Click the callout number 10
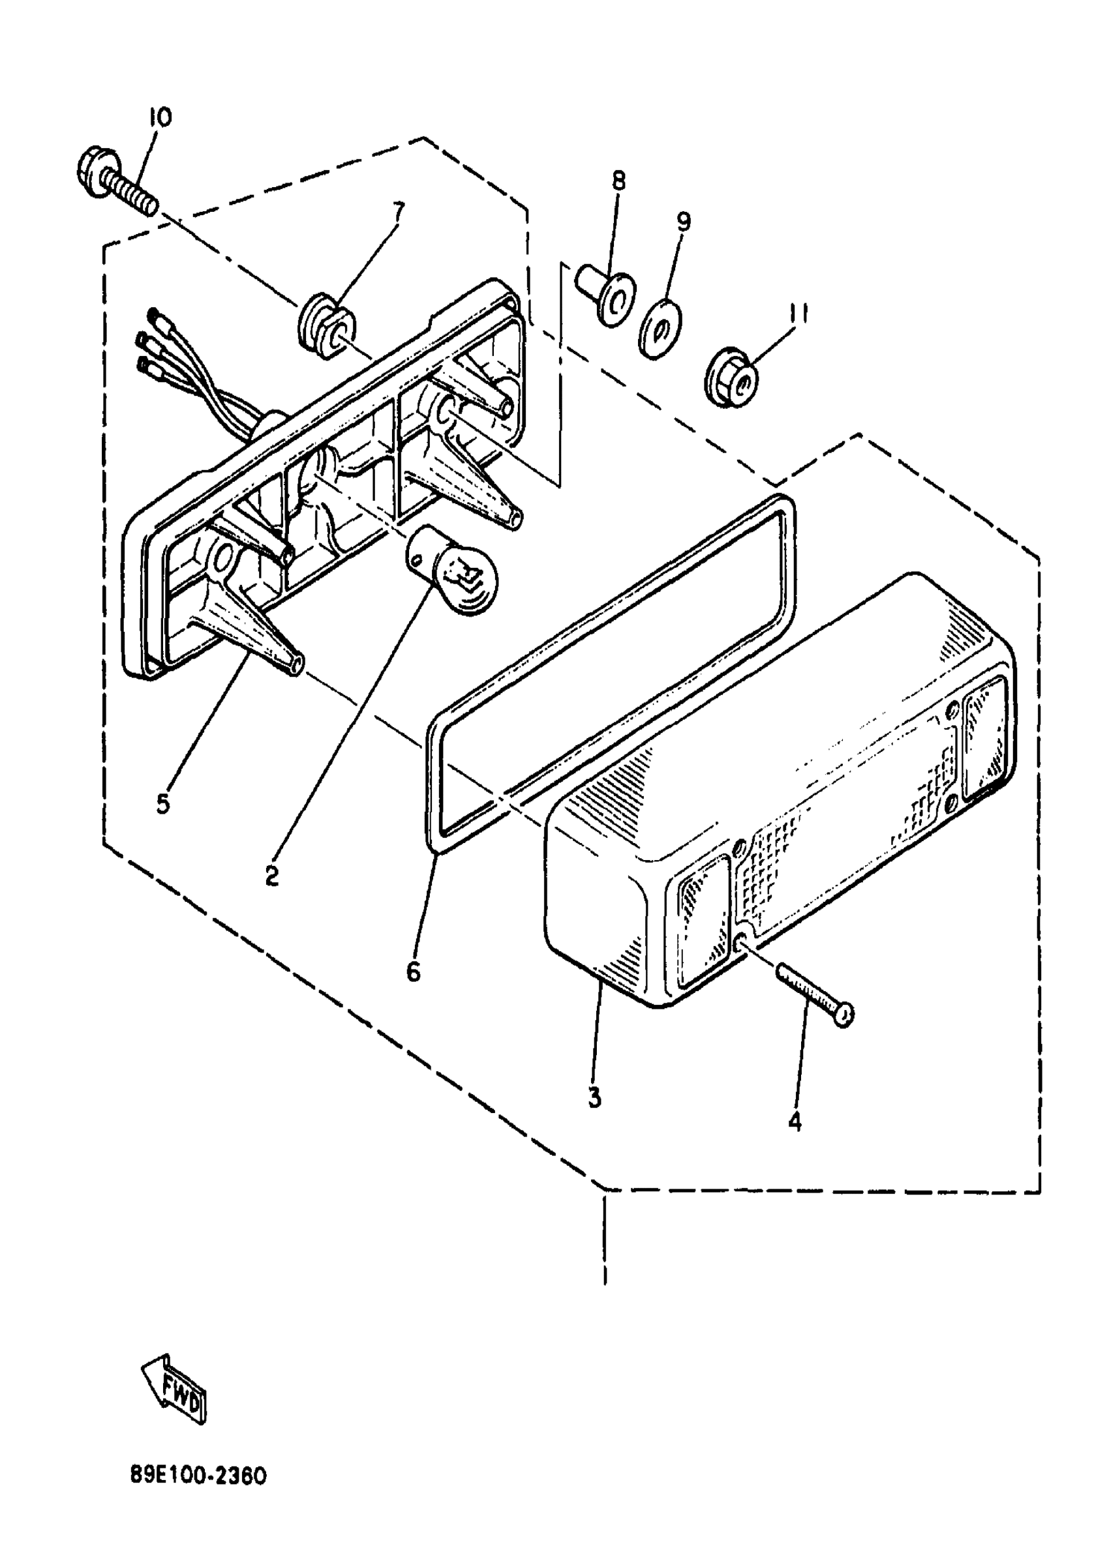pyautogui.click(x=160, y=117)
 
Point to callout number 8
pyautogui.click(x=618, y=181)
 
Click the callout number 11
pyautogui.click(x=800, y=314)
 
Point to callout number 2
pyautogui.click(x=272, y=875)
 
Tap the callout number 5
pyautogui.click(x=162, y=803)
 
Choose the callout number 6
pyautogui.click(x=413, y=972)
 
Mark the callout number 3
pyautogui.click(x=594, y=1097)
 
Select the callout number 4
pyautogui.click(x=794, y=1121)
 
